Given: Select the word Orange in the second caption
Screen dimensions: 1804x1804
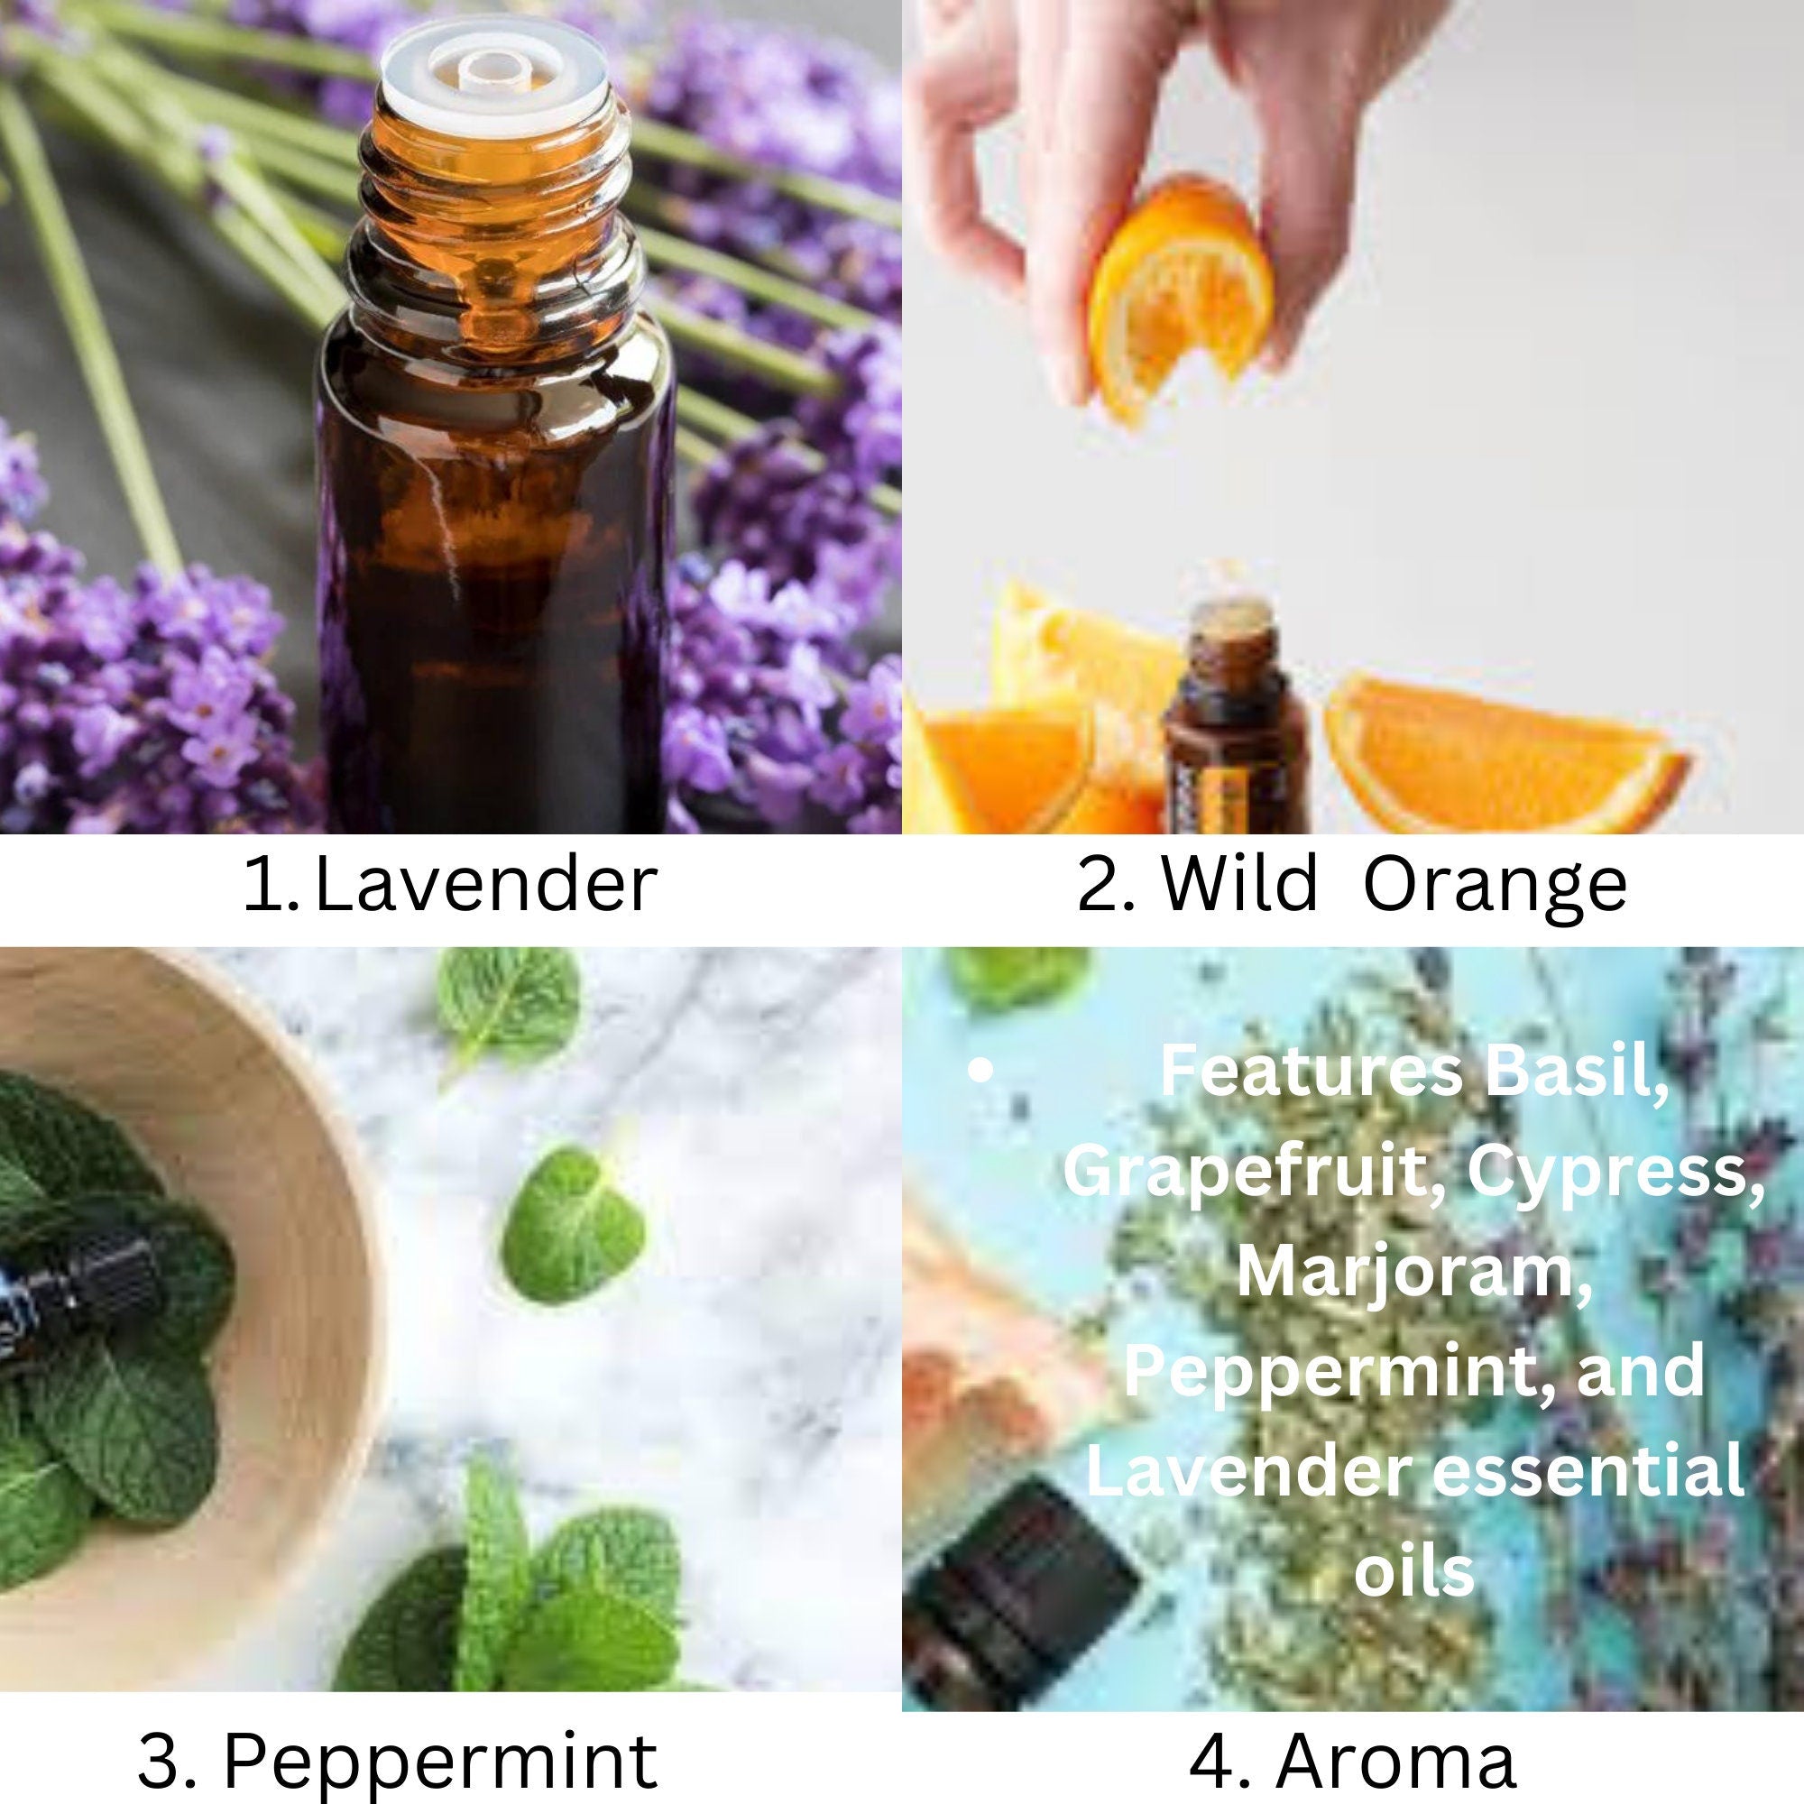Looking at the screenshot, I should point(1494,887).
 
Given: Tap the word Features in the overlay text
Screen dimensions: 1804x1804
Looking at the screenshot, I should point(1311,1072).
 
